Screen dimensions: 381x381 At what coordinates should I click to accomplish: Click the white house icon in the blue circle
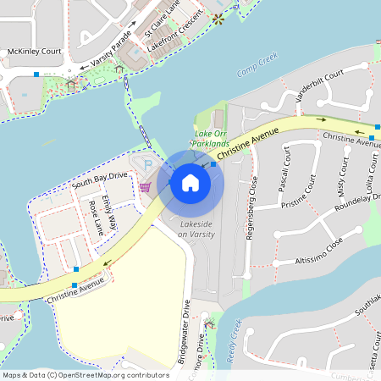[190, 183]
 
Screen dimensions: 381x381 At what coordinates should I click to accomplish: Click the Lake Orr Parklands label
[212, 139]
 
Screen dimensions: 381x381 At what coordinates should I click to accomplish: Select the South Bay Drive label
[100, 179]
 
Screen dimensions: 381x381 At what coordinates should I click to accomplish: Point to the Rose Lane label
[96, 218]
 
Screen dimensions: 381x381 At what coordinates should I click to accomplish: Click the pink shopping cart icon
[145, 186]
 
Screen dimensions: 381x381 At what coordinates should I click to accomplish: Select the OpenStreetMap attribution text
[86, 374]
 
